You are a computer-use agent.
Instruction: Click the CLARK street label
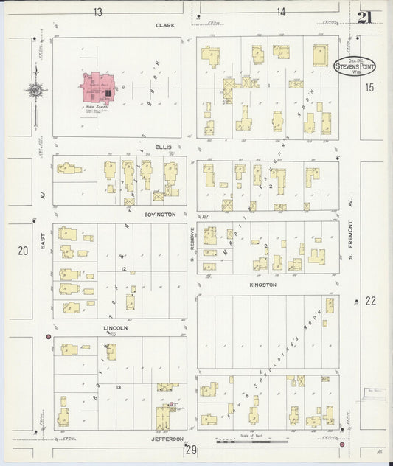pos(164,24)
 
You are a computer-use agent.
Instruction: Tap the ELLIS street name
pos(164,147)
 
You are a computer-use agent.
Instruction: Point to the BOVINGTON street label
pos(160,214)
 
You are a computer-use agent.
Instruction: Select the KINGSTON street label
pos(262,285)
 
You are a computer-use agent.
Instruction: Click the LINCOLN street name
pos(116,327)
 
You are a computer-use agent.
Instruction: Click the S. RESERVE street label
pos(192,249)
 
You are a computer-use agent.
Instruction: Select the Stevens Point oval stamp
pos(355,66)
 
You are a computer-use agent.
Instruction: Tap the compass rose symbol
pos(35,91)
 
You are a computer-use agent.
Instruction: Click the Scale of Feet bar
pos(251,442)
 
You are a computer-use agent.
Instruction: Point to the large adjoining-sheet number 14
pos(281,12)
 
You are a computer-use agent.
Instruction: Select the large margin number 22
pos(370,301)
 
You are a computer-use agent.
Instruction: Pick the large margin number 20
pos(23,251)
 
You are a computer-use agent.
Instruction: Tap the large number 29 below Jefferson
pos(192,450)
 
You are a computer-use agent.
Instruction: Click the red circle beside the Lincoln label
pos(49,337)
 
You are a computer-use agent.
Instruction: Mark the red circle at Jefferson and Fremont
pos(342,444)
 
